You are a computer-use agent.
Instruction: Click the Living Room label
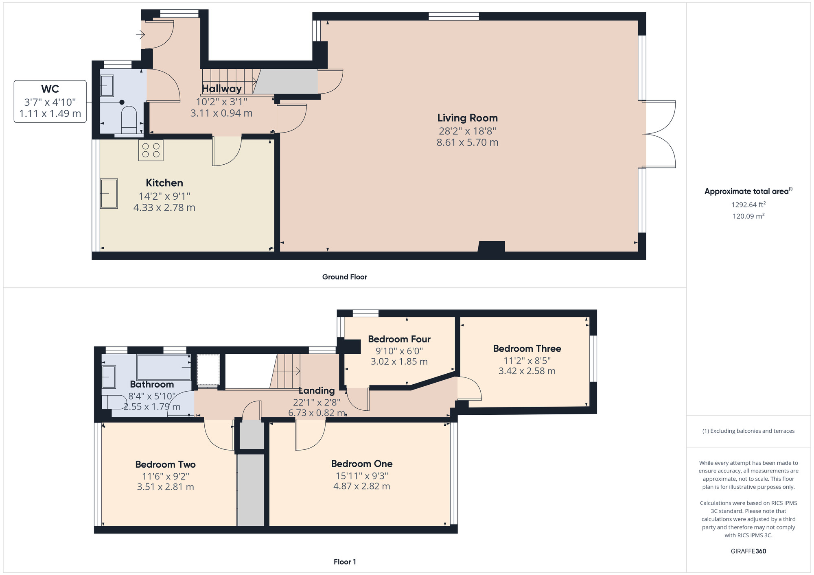[x=467, y=118]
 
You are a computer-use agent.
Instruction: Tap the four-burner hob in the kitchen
[x=151, y=150]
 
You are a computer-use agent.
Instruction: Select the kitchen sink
[x=109, y=194]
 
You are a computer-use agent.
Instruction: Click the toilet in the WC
[x=129, y=119]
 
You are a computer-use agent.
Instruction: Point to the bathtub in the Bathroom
[x=164, y=367]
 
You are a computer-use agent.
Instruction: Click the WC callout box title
[x=50, y=89]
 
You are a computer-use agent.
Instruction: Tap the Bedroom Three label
[x=527, y=348]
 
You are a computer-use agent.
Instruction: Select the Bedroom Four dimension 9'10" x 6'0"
[x=399, y=351]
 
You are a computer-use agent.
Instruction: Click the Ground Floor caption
[x=345, y=277]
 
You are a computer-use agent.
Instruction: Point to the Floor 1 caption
[x=345, y=562]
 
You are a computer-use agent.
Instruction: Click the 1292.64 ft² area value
[x=748, y=205]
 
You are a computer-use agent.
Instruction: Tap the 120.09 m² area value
[x=748, y=216]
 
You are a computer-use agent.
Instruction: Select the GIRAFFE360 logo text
[x=748, y=551]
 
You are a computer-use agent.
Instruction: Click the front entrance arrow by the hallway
[x=140, y=35]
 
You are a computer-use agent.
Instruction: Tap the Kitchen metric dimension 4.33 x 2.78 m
[x=164, y=207]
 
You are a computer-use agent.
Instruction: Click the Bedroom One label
[x=362, y=464]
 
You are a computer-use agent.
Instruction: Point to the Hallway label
[x=222, y=88]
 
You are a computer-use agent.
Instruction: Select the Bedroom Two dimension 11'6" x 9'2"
[x=166, y=476]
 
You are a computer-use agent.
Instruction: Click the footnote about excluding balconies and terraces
[x=748, y=431]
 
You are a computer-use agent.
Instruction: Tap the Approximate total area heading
[x=748, y=191]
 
